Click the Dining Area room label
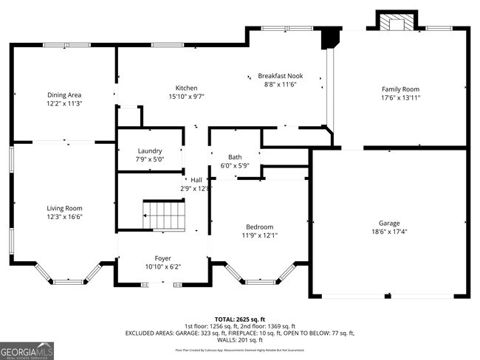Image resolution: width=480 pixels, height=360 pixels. [x=64, y=95]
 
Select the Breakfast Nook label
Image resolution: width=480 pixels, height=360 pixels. [x=280, y=76]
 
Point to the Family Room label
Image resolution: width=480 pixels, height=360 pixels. [x=400, y=89]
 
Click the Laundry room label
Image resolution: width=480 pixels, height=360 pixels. [x=149, y=150]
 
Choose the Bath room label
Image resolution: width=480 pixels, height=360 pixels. [x=235, y=157]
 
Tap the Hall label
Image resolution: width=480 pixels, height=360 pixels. [x=196, y=180]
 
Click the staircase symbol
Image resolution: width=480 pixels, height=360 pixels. [x=165, y=215]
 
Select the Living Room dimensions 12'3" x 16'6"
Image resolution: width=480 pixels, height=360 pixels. [x=64, y=217]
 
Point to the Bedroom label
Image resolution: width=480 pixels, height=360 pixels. [x=259, y=226]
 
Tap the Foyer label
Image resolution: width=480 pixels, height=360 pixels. [x=162, y=258]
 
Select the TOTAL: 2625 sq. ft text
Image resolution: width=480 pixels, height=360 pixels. [x=240, y=319]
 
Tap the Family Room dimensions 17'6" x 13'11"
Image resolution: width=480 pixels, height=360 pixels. [x=400, y=97]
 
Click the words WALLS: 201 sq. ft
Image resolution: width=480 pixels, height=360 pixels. [x=240, y=340]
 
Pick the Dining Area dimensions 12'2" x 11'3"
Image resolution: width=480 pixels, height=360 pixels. [x=64, y=104]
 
